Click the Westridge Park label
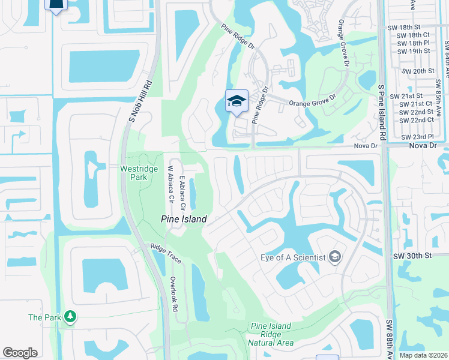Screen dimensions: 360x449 coord(138,173)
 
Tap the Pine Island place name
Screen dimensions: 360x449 coord(184,219)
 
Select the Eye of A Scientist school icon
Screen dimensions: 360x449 coord(335,257)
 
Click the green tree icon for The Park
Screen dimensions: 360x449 coord(70,316)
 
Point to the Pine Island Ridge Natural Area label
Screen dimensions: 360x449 coord(271,334)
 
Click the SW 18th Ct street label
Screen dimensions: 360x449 coord(414,35)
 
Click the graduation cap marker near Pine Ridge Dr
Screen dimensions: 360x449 coord(237,101)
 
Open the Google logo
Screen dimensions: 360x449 coord(20,353)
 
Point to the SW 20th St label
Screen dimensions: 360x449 coord(418,71)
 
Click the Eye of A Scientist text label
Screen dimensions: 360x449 coord(293,257)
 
